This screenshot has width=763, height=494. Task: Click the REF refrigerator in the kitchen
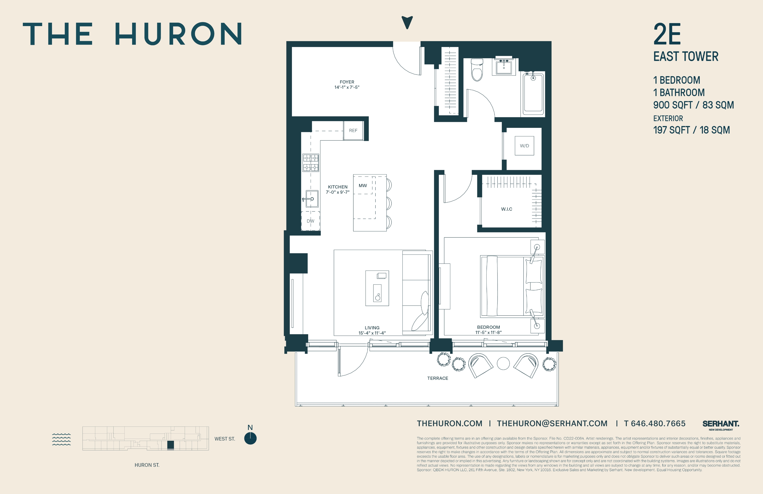click(x=353, y=131)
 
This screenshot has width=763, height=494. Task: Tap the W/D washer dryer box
click(x=524, y=146)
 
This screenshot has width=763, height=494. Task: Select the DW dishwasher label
click(x=310, y=221)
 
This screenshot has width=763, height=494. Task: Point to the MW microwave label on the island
click(x=363, y=185)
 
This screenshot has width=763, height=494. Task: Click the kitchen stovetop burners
click(x=311, y=163)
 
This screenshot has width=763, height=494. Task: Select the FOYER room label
click(x=347, y=82)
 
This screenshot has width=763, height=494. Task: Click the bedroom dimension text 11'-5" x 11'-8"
click(x=488, y=332)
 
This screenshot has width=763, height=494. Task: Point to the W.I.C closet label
click(x=507, y=209)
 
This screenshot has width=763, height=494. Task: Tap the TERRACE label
click(x=438, y=378)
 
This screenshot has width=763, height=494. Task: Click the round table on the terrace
click(x=503, y=363)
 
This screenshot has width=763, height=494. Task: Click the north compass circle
click(x=250, y=438)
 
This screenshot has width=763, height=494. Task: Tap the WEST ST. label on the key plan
click(x=225, y=439)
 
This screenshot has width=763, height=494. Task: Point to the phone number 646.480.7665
click(x=658, y=423)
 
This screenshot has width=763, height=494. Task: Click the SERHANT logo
click(x=721, y=424)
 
